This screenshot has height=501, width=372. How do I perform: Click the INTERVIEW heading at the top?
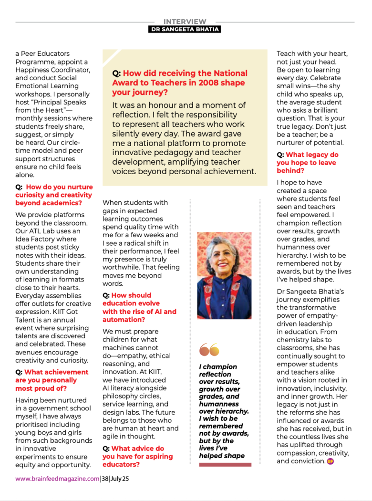coord(185,21)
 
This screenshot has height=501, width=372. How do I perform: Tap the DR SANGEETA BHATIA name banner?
coord(185,29)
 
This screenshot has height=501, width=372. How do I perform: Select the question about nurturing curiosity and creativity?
coord(54,195)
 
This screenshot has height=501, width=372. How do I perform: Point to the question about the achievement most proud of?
coord(52,380)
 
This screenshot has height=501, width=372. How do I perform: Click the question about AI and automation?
coord(139,307)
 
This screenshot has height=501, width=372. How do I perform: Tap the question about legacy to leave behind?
coord(307,163)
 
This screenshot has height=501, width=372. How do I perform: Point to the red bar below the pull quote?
coord(225,465)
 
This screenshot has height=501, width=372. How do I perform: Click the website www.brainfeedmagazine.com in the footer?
coord(57,479)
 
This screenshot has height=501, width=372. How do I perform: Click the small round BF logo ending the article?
coord(330,461)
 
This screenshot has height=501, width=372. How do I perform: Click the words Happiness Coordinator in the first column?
coord(52,70)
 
